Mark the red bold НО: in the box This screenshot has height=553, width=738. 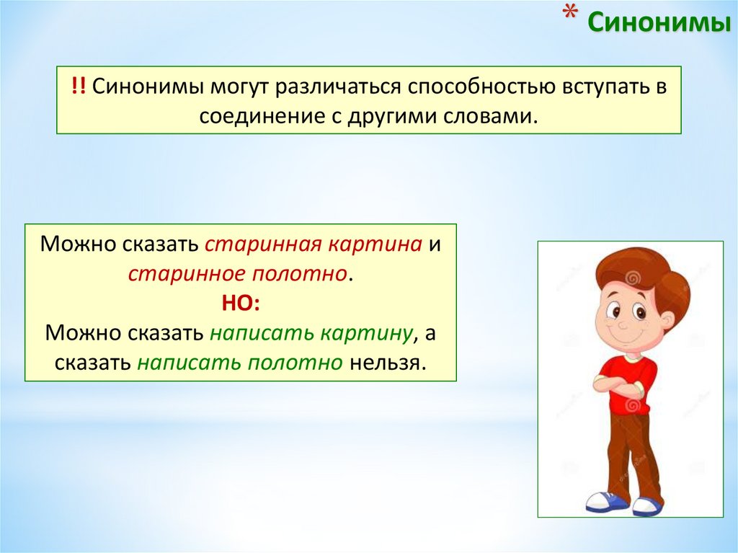click(x=241, y=303)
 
